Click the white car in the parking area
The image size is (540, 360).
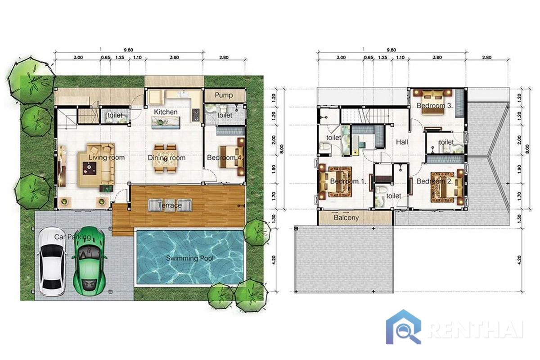[52, 262]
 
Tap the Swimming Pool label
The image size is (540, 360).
[190, 258]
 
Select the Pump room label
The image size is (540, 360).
[224, 95]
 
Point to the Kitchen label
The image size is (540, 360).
[166, 112]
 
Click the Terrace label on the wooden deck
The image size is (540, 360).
[170, 205]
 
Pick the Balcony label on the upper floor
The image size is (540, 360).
[346, 218]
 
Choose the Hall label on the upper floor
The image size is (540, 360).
[402, 142]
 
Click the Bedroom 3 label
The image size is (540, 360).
[435, 105]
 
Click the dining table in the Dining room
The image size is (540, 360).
[166, 158]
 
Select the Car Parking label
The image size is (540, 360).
[72, 237]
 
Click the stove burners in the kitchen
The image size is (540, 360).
[195, 115]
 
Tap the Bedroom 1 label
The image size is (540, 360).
[348, 181]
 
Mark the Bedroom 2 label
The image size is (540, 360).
[435, 181]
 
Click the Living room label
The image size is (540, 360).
[107, 157]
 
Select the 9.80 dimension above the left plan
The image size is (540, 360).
[128, 50]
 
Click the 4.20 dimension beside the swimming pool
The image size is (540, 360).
[273, 260]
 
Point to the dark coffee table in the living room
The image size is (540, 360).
[90, 168]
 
